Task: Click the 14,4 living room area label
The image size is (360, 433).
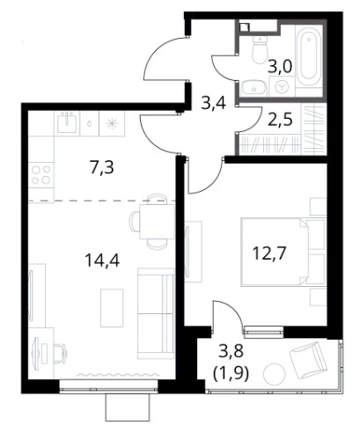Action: [x=102, y=260]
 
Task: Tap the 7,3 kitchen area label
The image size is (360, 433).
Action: [x=101, y=168]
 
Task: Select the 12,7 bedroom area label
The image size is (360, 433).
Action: [x=269, y=253]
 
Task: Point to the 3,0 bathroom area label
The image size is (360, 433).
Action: [x=280, y=67]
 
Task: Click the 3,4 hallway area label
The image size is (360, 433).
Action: [x=214, y=103]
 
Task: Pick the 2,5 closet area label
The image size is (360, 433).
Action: [x=280, y=121]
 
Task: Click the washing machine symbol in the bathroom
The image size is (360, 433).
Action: [x=282, y=86]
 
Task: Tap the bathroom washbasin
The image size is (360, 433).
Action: [x=253, y=87]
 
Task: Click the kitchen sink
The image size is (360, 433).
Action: [x=67, y=123]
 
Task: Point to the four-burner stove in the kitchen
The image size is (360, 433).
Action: [x=41, y=175]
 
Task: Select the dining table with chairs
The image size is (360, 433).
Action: [x=149, y=222]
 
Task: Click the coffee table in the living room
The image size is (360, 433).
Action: [x=112, y=308]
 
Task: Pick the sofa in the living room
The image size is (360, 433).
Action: [x=156, y=313]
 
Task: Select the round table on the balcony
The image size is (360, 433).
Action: [x=275, y=373]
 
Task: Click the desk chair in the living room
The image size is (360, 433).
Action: [x=61, y=351]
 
